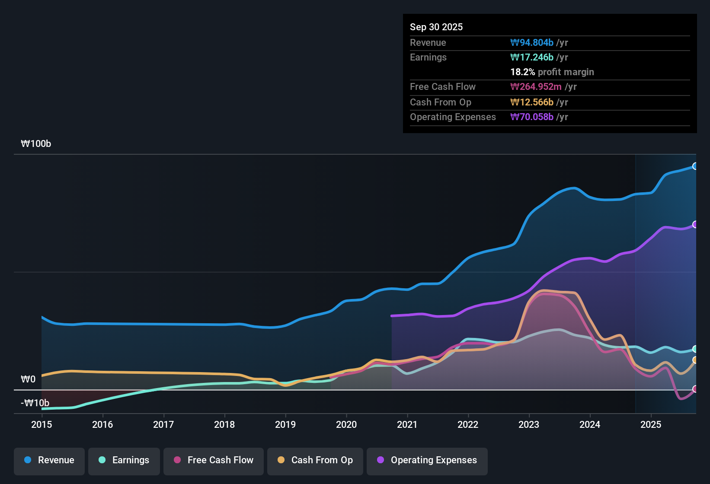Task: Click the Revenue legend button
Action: click(x=49, y=460)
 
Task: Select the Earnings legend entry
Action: click(x=124, y=460)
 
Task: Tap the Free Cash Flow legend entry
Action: click(x=214, y=460)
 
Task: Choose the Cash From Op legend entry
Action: click(x=315, y=460)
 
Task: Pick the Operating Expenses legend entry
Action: click(x=427, y=460)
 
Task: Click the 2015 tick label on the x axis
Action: click(x=42, y=424)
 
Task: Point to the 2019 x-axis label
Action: click(x=285, y=424)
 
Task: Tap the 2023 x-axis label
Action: click(x=529, y=424)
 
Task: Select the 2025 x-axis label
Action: click(x=651, y=424)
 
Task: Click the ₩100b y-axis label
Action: click(x=36, y=144)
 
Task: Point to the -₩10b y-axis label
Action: click(x=35, y=403)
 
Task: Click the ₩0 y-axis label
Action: click(x=28, y=379)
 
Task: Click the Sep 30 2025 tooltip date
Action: click(x=436, y=27)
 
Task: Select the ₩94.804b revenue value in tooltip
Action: click(x=532, y=42)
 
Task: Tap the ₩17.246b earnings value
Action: click(x=532, y=57)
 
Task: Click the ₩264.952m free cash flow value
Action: click(x=536, y=86)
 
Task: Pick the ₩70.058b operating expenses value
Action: click(x=532, y=117)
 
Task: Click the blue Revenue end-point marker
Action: click(x=695, y=166)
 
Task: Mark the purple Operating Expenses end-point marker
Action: click(x=695, y=224)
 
